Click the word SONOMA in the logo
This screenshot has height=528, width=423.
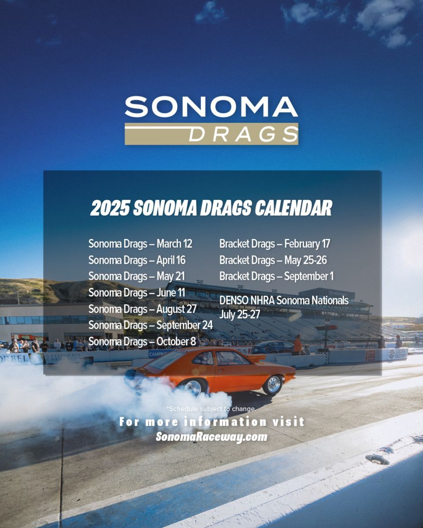click(x=211, y=107)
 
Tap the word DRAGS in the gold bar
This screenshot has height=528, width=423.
click(x=243, y=134)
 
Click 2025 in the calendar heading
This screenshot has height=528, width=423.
click(x=110, y=208)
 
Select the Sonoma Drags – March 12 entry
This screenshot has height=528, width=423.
click(x=141, y=244)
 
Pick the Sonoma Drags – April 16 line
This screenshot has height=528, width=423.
click(x=137, y=260)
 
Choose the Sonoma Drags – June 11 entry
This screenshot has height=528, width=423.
click(x=137, y=293)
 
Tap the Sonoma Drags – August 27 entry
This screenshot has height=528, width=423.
click(x=143, y=309)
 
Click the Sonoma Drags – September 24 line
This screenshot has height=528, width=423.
click(x=150, y=325)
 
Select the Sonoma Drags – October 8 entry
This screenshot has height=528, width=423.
click(x=142, y=341)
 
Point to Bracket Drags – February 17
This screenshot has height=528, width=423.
click(x=275, y=244)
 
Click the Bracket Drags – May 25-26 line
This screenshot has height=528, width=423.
click(x=273, y=260)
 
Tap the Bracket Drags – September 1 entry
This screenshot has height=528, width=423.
click(x=277, y=276)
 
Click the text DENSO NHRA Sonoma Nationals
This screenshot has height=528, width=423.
click(x=284, y=301)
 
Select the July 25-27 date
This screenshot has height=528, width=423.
click(x=240, y=314)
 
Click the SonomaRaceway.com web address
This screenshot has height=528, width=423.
click(x=211, y=437)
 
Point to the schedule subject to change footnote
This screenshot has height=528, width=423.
click(x=211, y=409)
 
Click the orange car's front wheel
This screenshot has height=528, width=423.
click(x=273, y=384)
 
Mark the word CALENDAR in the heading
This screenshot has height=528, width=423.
click(x=293, y=208)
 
